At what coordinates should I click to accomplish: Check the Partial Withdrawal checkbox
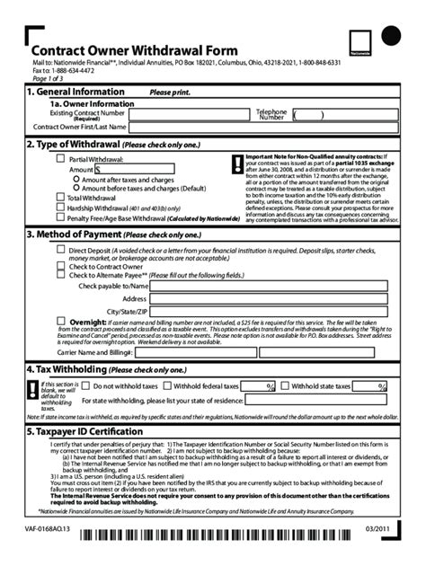(61, 159)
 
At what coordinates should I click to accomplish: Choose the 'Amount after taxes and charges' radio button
(76, 180)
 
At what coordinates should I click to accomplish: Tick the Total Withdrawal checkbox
(61, 197)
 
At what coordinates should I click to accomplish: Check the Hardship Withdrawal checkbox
(61, 207)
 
